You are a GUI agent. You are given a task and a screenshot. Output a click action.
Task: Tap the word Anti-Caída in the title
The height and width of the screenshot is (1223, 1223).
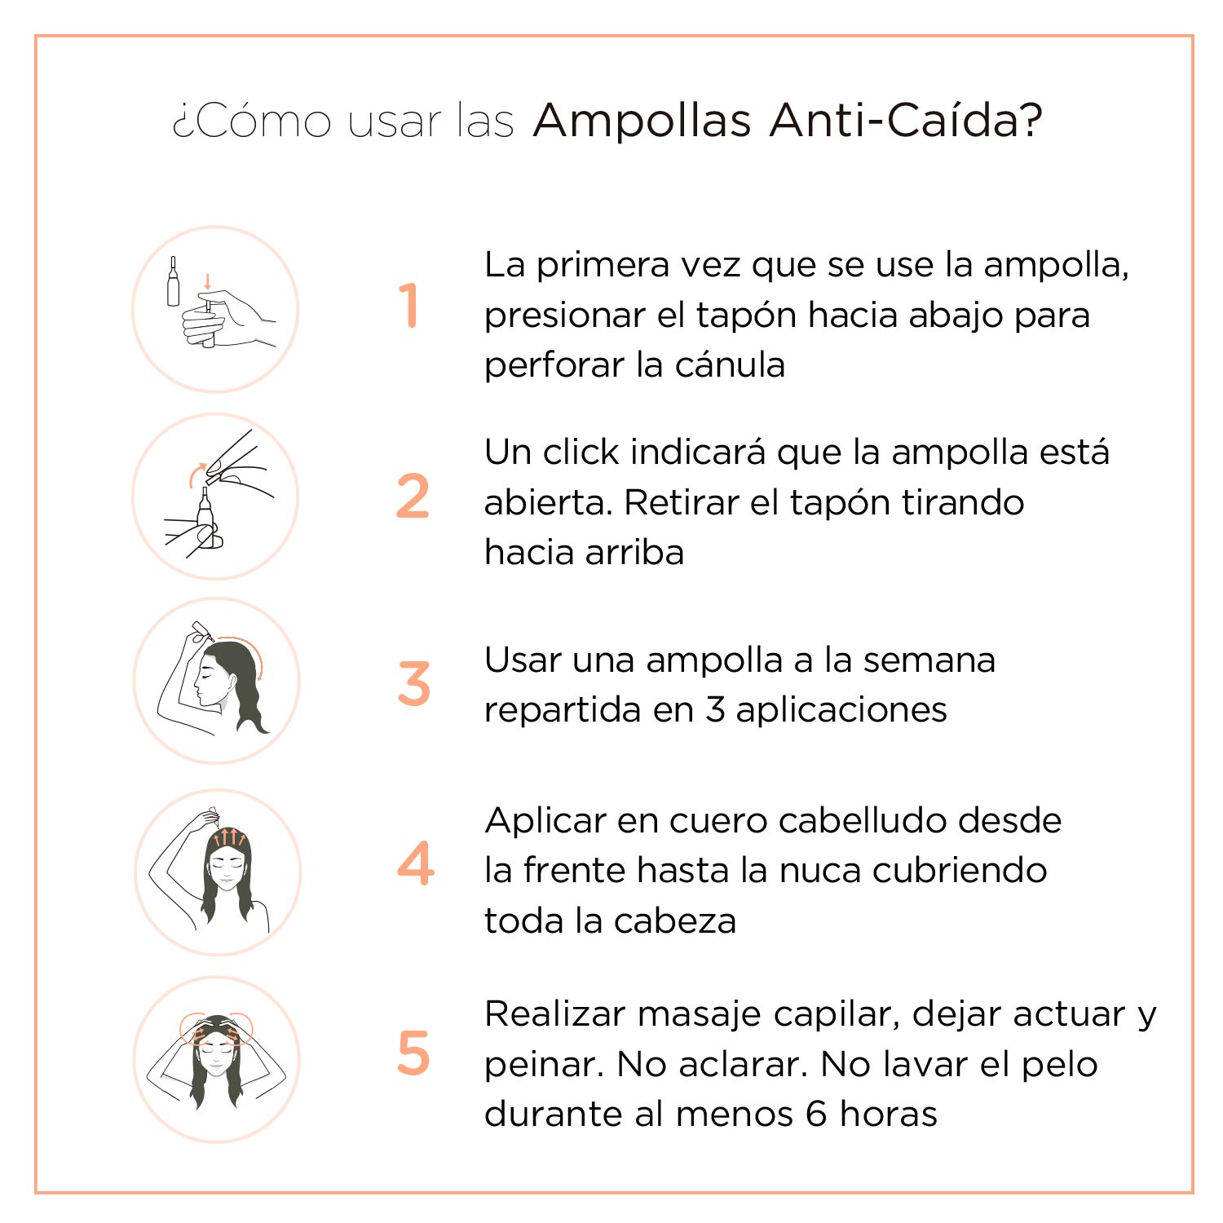pyautogui.click(x=905, y=120)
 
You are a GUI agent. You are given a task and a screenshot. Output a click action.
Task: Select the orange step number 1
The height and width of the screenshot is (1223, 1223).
pyautogui.click(x=408, y=306)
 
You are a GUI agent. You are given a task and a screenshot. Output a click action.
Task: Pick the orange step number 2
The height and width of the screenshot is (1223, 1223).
pyautogui.click(x=413, y=496)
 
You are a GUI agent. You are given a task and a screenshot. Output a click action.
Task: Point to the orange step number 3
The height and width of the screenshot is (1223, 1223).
pyautogui.click(x=413, y=683)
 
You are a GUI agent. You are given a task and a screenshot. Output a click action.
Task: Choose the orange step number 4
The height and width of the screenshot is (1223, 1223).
pyautogui.click(x=416, y=863)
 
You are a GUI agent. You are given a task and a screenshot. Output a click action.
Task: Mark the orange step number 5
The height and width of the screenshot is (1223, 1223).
pyautogui.click(x=413, y=1053)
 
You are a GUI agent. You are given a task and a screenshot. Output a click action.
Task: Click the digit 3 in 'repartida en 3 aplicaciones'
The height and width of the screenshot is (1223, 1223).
pyautogui.click(x=715, y=710)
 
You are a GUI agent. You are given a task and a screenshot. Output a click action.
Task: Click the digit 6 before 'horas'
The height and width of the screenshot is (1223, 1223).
pyautogui.click(x=816, y=1114)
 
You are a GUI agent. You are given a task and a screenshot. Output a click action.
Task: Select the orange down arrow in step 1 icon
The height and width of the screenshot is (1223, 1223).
pyautogui.click(x=207, y=281)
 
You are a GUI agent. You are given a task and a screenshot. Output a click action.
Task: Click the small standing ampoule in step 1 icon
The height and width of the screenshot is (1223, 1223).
pyautogui.click(x=173, y=281)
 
